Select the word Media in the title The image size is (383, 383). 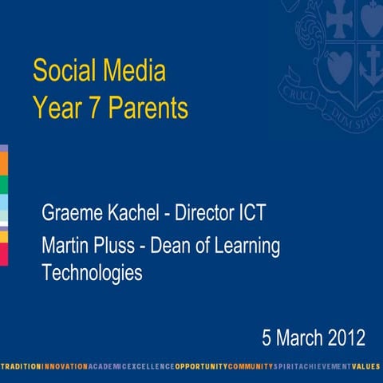(x=136, y=72)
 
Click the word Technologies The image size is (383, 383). (x=92, y=274)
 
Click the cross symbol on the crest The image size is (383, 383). (x=339, y=21)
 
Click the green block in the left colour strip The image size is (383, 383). (x=3, y=185)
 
